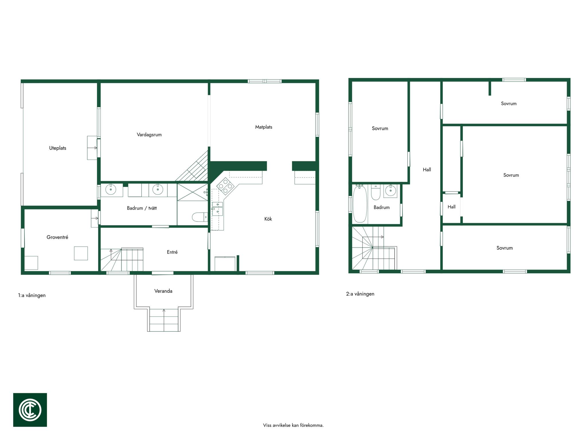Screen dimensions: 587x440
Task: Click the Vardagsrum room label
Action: (149, 135)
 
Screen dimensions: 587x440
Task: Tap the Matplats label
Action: (264, 127)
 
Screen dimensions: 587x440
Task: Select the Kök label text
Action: (268, 219)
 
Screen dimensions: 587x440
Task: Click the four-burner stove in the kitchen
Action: (225, 186)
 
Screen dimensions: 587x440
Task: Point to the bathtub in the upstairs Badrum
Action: (360, 204)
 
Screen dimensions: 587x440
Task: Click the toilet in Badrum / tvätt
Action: (199, 217)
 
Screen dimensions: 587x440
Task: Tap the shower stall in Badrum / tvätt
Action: (192, 192)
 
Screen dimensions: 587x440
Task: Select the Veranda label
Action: (163, 291)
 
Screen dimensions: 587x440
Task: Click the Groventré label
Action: (57, 237)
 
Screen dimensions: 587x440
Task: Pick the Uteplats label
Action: (58, 148)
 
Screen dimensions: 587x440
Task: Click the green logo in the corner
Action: (30, 410)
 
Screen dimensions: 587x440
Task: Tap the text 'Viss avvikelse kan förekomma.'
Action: (293, 425)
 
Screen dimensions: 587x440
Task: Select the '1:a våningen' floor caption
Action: (32, 295)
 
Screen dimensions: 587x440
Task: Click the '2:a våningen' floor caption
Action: (360, 294)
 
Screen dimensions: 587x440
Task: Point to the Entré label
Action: (172, 252)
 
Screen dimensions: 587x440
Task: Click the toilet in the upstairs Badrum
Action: (375, 192)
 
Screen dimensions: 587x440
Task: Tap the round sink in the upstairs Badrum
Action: (390, 190)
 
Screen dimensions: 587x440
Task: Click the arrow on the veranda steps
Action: (164, 320)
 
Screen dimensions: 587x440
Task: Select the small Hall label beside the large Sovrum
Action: (451, 207)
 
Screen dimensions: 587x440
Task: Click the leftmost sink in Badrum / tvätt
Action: (111, 189)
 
